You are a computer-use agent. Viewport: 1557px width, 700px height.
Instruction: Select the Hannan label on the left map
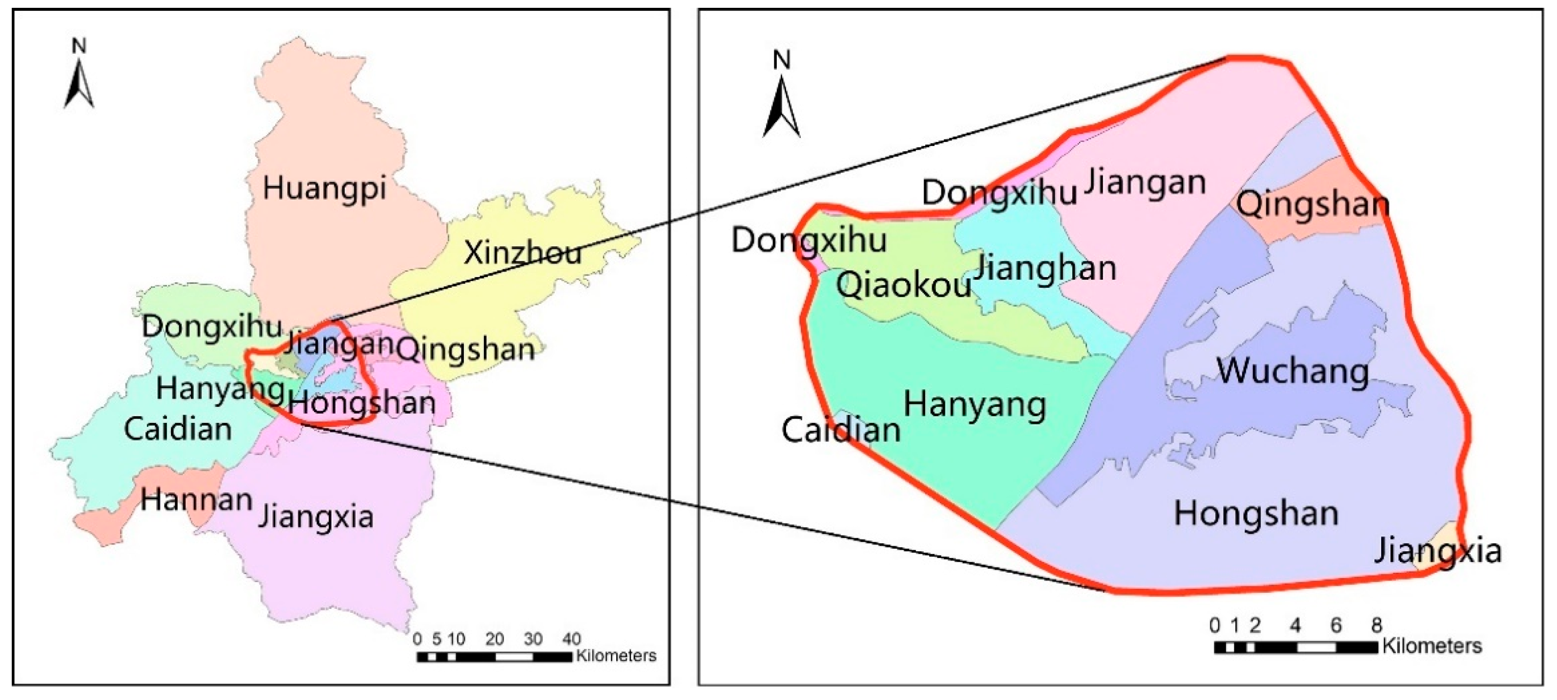click(x=196, y=499)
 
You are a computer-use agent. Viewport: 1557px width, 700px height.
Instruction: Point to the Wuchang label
click(x=1292, y=371)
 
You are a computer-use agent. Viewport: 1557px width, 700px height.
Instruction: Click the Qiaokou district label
click(x=903, y=284)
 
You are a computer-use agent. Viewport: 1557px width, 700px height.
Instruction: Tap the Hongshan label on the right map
click(x=1256, y=513)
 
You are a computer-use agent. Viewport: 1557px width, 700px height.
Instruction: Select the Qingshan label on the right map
click(x=1312, y=204)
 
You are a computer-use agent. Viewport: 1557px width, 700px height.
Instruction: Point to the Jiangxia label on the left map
click(x=315, y=517)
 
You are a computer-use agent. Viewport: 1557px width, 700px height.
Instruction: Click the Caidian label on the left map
click(x=178, y=429)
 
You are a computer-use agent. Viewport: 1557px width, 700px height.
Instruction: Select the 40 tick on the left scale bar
click(x=571, y=639)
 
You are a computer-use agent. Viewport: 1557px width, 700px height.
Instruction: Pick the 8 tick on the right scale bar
click(x=1376, y=625)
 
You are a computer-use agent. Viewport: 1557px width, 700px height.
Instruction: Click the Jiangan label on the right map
click(x=1144, y=183)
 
